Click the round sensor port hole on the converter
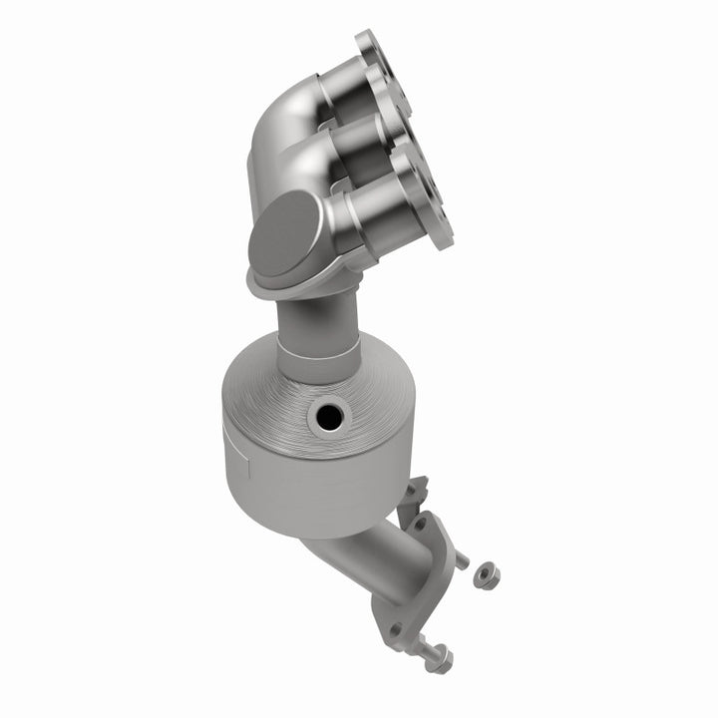(325, 418)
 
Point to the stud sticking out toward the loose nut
(460, 560)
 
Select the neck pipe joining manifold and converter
(319, 319)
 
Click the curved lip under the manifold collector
(299, 289)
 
